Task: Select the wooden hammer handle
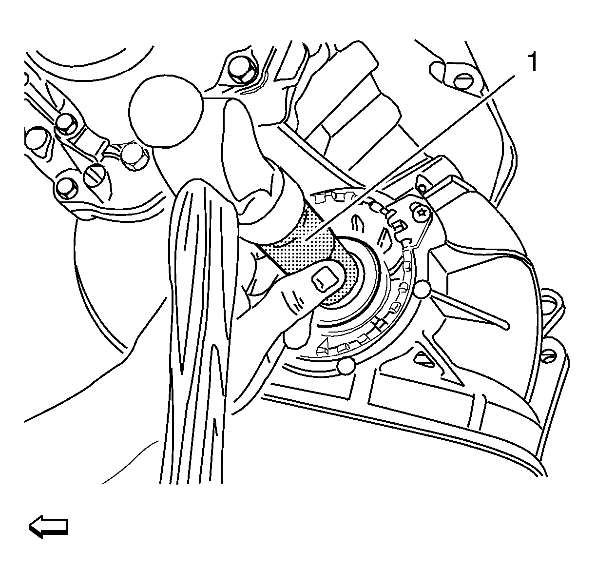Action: click(x=200, y=334)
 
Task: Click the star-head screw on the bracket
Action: click(x=421, y=212)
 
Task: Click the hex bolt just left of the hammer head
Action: click(x=134, y=157)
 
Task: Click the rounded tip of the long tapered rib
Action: click(x=506, y=327)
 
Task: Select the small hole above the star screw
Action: click(x=422, y=189)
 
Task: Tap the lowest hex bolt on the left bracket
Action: click(x=66, y=189)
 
